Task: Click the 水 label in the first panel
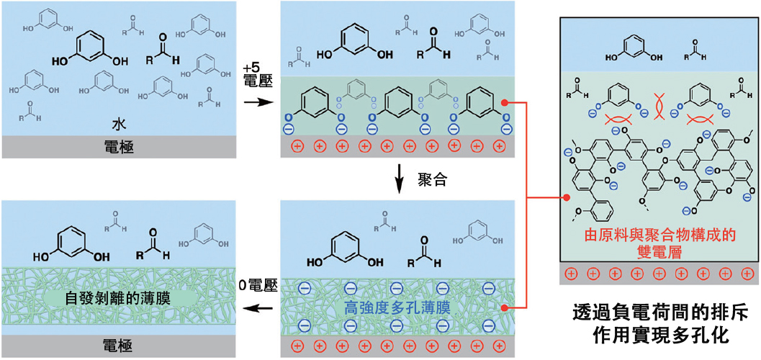tap(119, 120)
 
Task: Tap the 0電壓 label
tap(258, 286)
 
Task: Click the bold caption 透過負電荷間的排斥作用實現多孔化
tap(659, 326)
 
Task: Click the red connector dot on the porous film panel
tap(507, 308)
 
